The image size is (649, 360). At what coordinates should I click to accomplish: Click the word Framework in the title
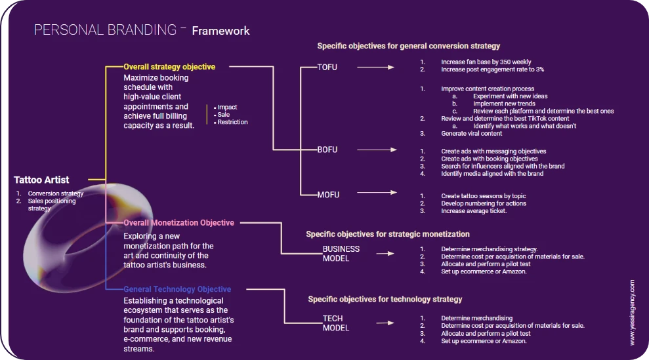(220, 31)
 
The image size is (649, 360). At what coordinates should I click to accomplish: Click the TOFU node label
(327, 67)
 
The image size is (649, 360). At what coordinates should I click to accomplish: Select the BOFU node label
(327, 150)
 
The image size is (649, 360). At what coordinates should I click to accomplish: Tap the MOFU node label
(327, 193)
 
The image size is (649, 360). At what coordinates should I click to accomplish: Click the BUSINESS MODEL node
(341, 254)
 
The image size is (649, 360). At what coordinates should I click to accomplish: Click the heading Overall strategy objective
(169, 67)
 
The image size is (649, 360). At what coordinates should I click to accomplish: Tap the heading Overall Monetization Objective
(178, 223)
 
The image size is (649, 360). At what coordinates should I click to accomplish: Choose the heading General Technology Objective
(177, 289)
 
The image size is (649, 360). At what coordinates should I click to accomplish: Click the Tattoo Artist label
(41, 180)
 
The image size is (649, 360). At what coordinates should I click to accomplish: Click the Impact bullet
(227, 107)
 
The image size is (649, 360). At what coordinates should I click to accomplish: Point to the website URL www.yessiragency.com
(632, 313)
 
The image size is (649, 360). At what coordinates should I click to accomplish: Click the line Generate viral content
(471, 134)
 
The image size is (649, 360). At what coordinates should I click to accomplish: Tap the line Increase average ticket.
(474, 211)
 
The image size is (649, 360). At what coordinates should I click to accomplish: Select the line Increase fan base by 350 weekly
(486, 62)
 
